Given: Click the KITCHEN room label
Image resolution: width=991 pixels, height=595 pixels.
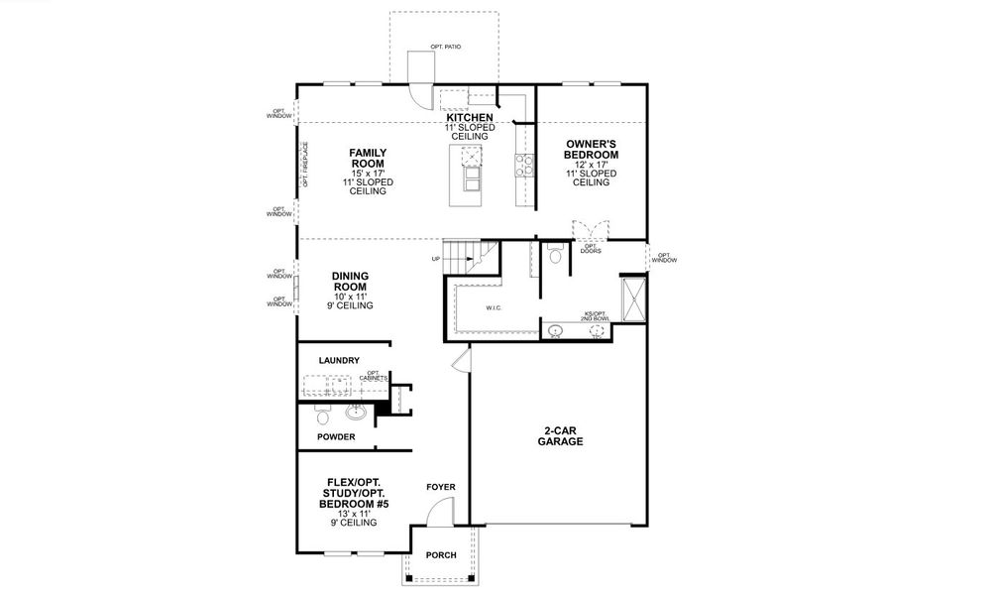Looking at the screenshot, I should [x=469, y=118].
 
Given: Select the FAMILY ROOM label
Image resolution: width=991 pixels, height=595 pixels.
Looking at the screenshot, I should [x=368, y=158].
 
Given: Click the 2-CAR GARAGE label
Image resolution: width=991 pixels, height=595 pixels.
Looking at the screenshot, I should [x=560, y=436].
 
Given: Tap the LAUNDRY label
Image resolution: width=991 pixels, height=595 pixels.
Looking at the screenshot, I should [x=339, y=360].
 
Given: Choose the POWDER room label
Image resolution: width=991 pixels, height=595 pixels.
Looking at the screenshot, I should [x=336, y=436].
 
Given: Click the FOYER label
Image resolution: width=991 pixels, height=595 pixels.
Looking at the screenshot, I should [x=441, y=487].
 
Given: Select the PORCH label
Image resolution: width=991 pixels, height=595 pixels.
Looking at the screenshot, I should [x=441, y=555].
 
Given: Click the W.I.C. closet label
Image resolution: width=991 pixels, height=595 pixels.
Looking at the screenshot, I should [x=495, y=308].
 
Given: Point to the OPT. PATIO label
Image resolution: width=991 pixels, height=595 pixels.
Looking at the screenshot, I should [x=446, y=47].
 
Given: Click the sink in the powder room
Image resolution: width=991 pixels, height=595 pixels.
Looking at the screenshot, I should [x=358, y=413].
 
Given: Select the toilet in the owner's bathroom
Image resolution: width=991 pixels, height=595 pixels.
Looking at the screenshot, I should [x=556, y=257].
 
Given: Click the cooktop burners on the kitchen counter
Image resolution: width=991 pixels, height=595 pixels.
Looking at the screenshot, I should [x=522, y=164].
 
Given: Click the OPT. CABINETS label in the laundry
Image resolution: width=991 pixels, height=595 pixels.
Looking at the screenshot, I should [x=376, y=376].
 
